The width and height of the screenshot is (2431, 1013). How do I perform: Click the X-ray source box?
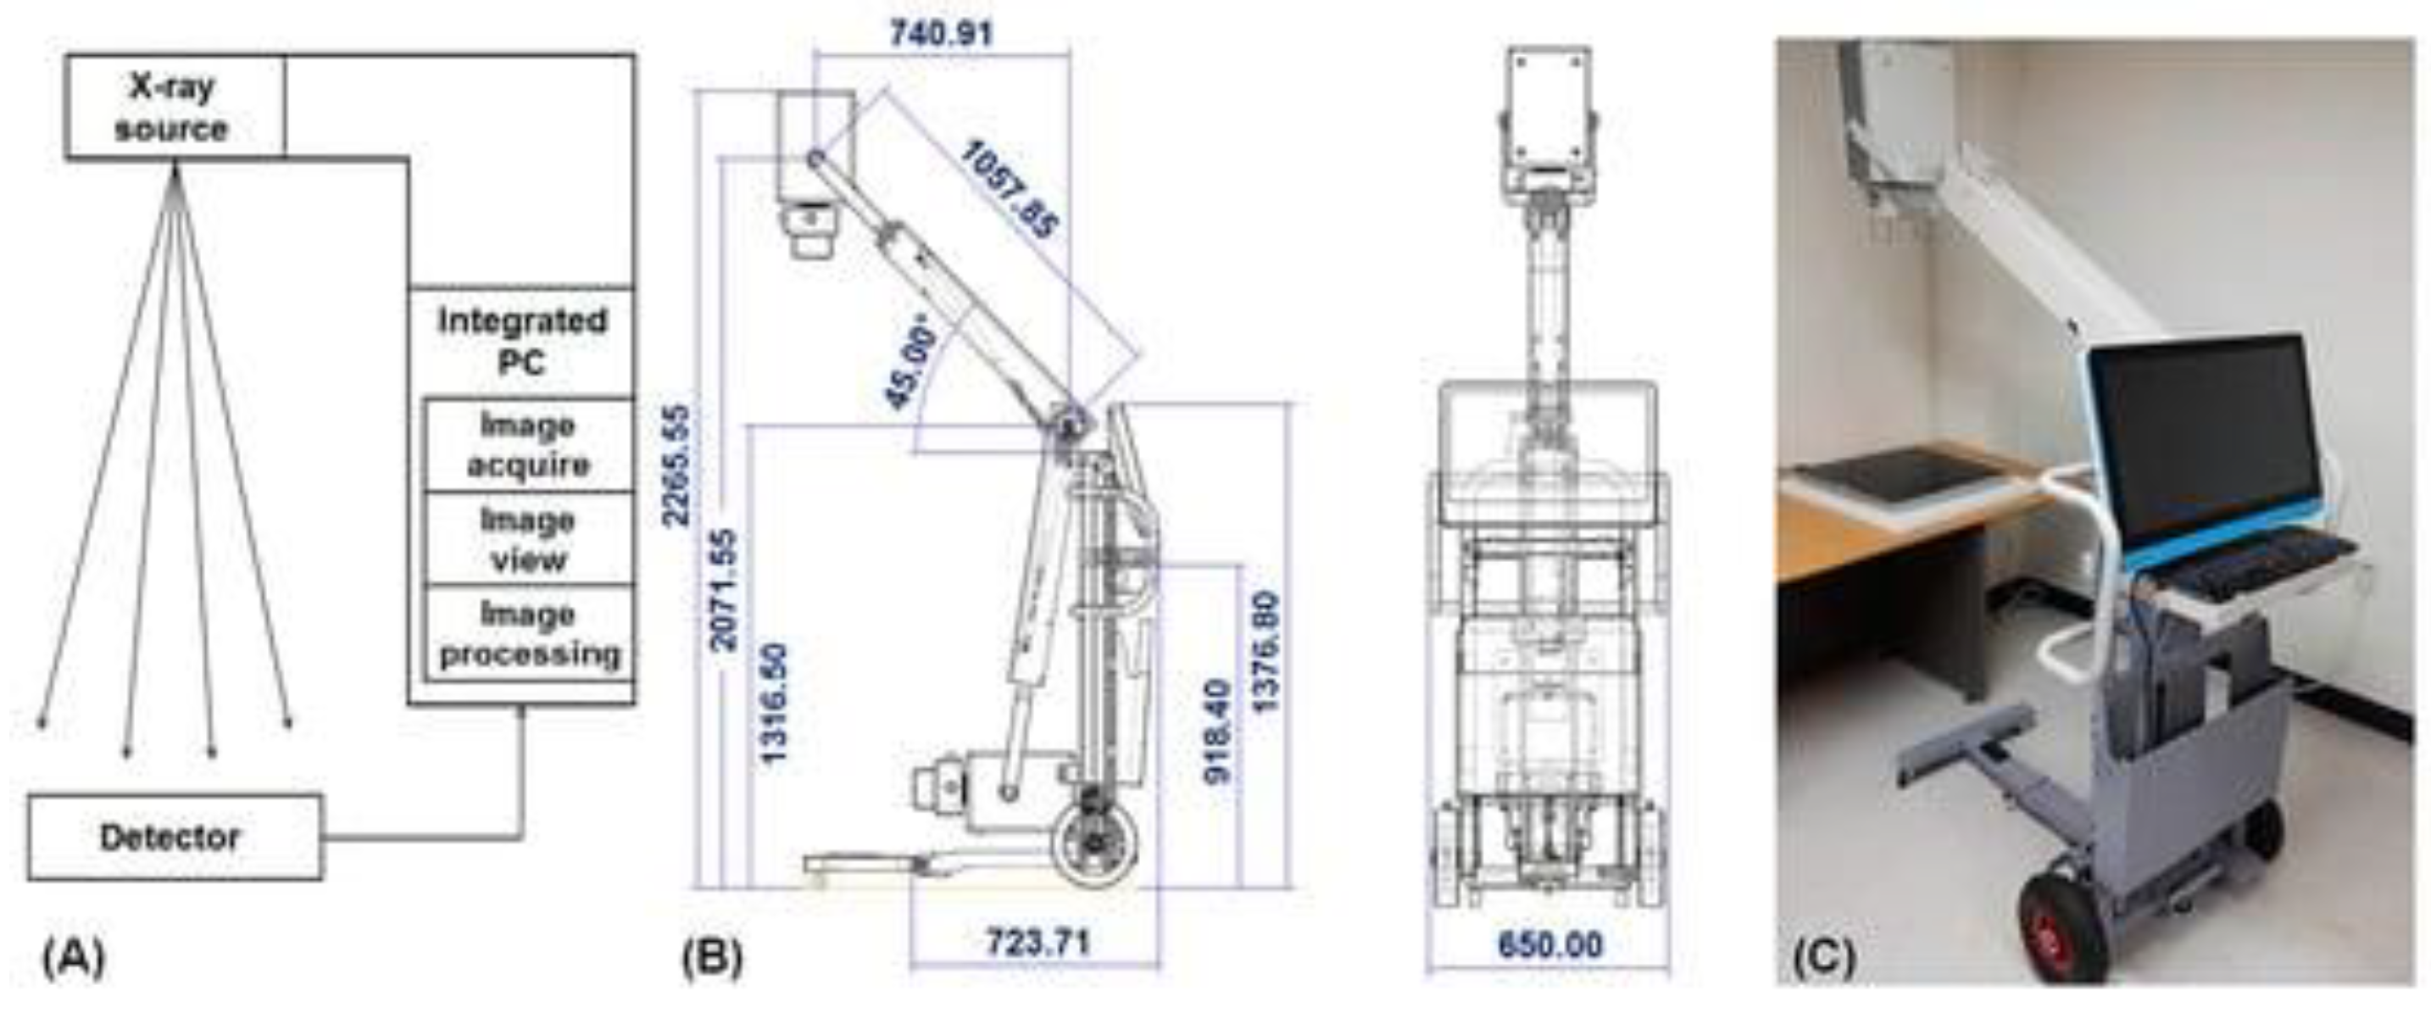(x=175, y=108)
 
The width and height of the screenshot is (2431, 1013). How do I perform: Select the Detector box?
(x=175, y=838)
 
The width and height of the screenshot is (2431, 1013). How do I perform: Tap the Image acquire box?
(x=528, y=445)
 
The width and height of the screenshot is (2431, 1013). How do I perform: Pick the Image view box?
(x=528, y=539)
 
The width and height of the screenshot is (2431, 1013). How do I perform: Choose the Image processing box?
(x=528, y=633)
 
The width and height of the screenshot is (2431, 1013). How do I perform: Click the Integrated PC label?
(x=522, y=341)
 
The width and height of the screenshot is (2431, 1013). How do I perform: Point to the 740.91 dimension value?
(x=941, y=34)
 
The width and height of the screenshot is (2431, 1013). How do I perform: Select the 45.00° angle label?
(x=912, y=368)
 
